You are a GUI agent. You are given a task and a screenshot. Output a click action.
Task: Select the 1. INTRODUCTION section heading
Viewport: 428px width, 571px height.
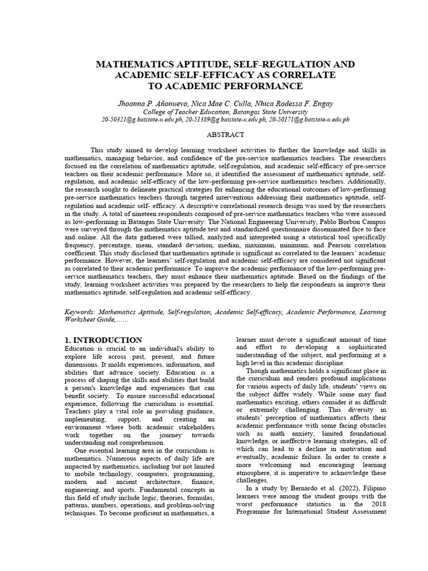pos(103,340)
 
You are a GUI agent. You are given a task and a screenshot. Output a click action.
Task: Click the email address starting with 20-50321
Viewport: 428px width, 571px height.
pos(142,119)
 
